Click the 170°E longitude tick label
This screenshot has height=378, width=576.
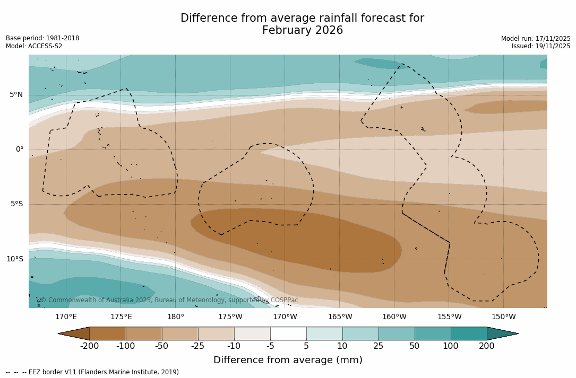coord(66,317)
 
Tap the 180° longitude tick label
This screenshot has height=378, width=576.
coord(176,317)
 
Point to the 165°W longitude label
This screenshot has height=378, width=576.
coord(340,317)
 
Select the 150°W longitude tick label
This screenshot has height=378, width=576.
coord(503,317)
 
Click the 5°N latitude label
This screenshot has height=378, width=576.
coord(16,95)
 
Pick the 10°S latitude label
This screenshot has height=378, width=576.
coord(14,259)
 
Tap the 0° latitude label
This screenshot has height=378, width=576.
coord(20,150)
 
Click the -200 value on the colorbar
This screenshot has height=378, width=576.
coord(90,346)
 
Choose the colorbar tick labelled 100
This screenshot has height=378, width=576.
coord(451,346)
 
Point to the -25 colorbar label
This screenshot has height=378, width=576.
coord(198,346)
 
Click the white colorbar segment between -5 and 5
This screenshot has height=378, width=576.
coord(288,333)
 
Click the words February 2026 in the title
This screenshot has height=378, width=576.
coord(302,31)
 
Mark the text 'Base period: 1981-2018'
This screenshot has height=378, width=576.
coord(42,38)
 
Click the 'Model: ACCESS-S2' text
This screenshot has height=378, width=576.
coord(34,46)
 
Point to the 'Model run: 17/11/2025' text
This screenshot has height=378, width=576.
coord(536,39)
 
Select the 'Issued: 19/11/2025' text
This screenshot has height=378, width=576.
coord(541,46)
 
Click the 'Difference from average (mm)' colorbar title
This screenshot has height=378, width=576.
coord(288,361)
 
